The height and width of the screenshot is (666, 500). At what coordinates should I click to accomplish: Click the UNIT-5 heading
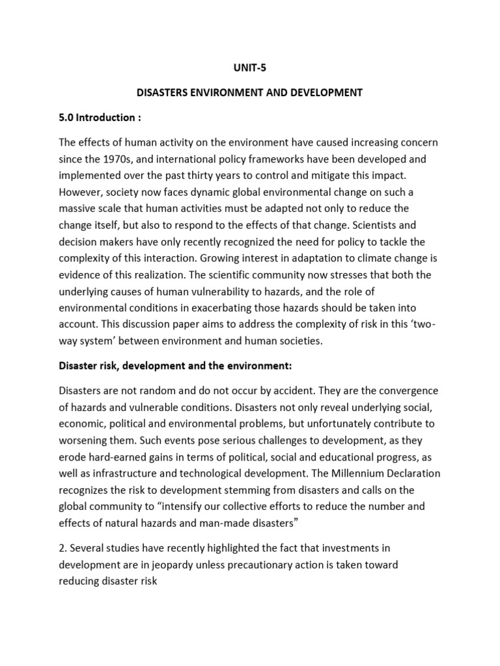tap(249, 66)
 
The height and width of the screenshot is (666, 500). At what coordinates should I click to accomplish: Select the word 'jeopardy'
tap(181, 565)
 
